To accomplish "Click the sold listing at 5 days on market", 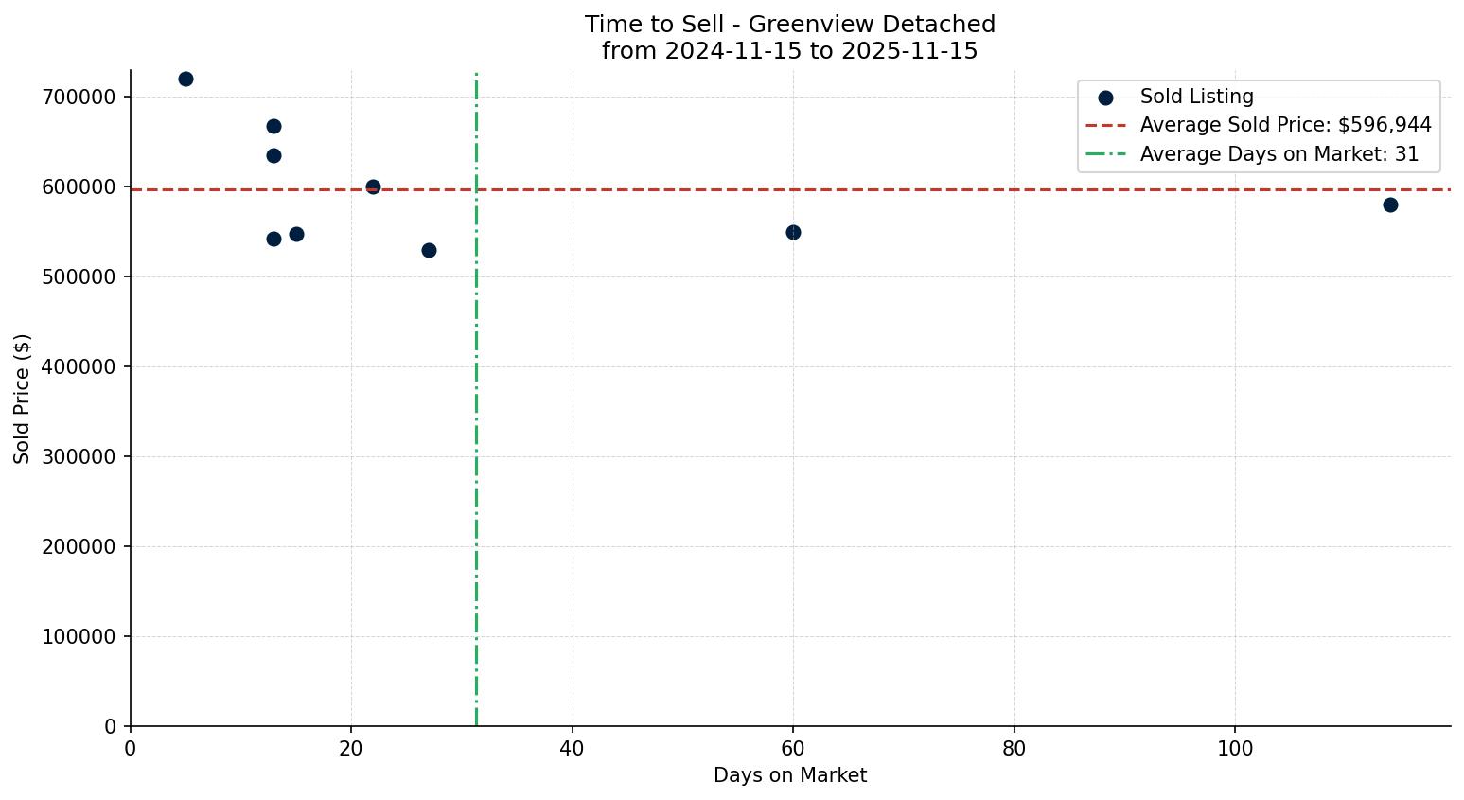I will (185, 79).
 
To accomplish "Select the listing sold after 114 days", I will (1389, 204).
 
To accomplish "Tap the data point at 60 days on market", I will (793, 232).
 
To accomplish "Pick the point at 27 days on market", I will (429, 250).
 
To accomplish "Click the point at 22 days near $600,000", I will (373, 187).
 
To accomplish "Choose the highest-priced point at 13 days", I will (273, 126).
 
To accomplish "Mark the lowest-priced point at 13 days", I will (273, 239).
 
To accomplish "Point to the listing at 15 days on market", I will (296, 234).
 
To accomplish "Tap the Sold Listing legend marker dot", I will (1105, 97).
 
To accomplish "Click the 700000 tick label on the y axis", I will (79, 98).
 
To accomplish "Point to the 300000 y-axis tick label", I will (79, 457).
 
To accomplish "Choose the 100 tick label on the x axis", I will (1234, 749).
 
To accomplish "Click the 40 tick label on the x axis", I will (572, 749).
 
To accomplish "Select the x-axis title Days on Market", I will (790, 775).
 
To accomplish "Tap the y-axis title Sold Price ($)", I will (22, 399).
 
